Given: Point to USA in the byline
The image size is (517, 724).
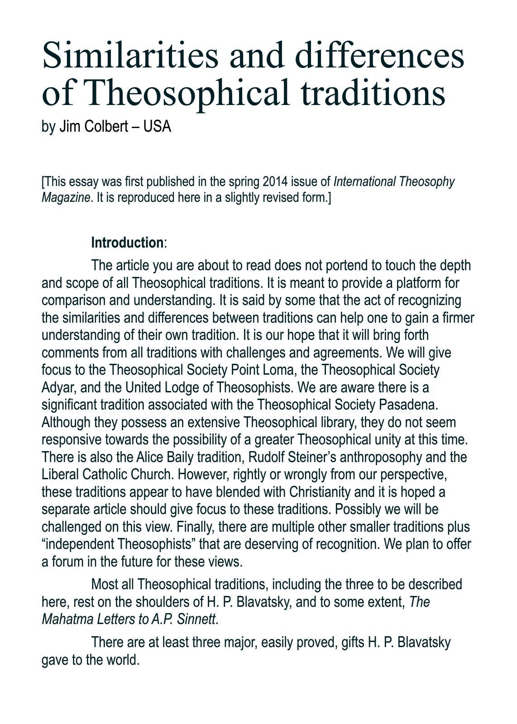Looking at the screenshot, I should point(157,126).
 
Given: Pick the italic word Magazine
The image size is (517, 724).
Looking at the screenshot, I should point(66,198).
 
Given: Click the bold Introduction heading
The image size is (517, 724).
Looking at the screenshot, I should point(127,243).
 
